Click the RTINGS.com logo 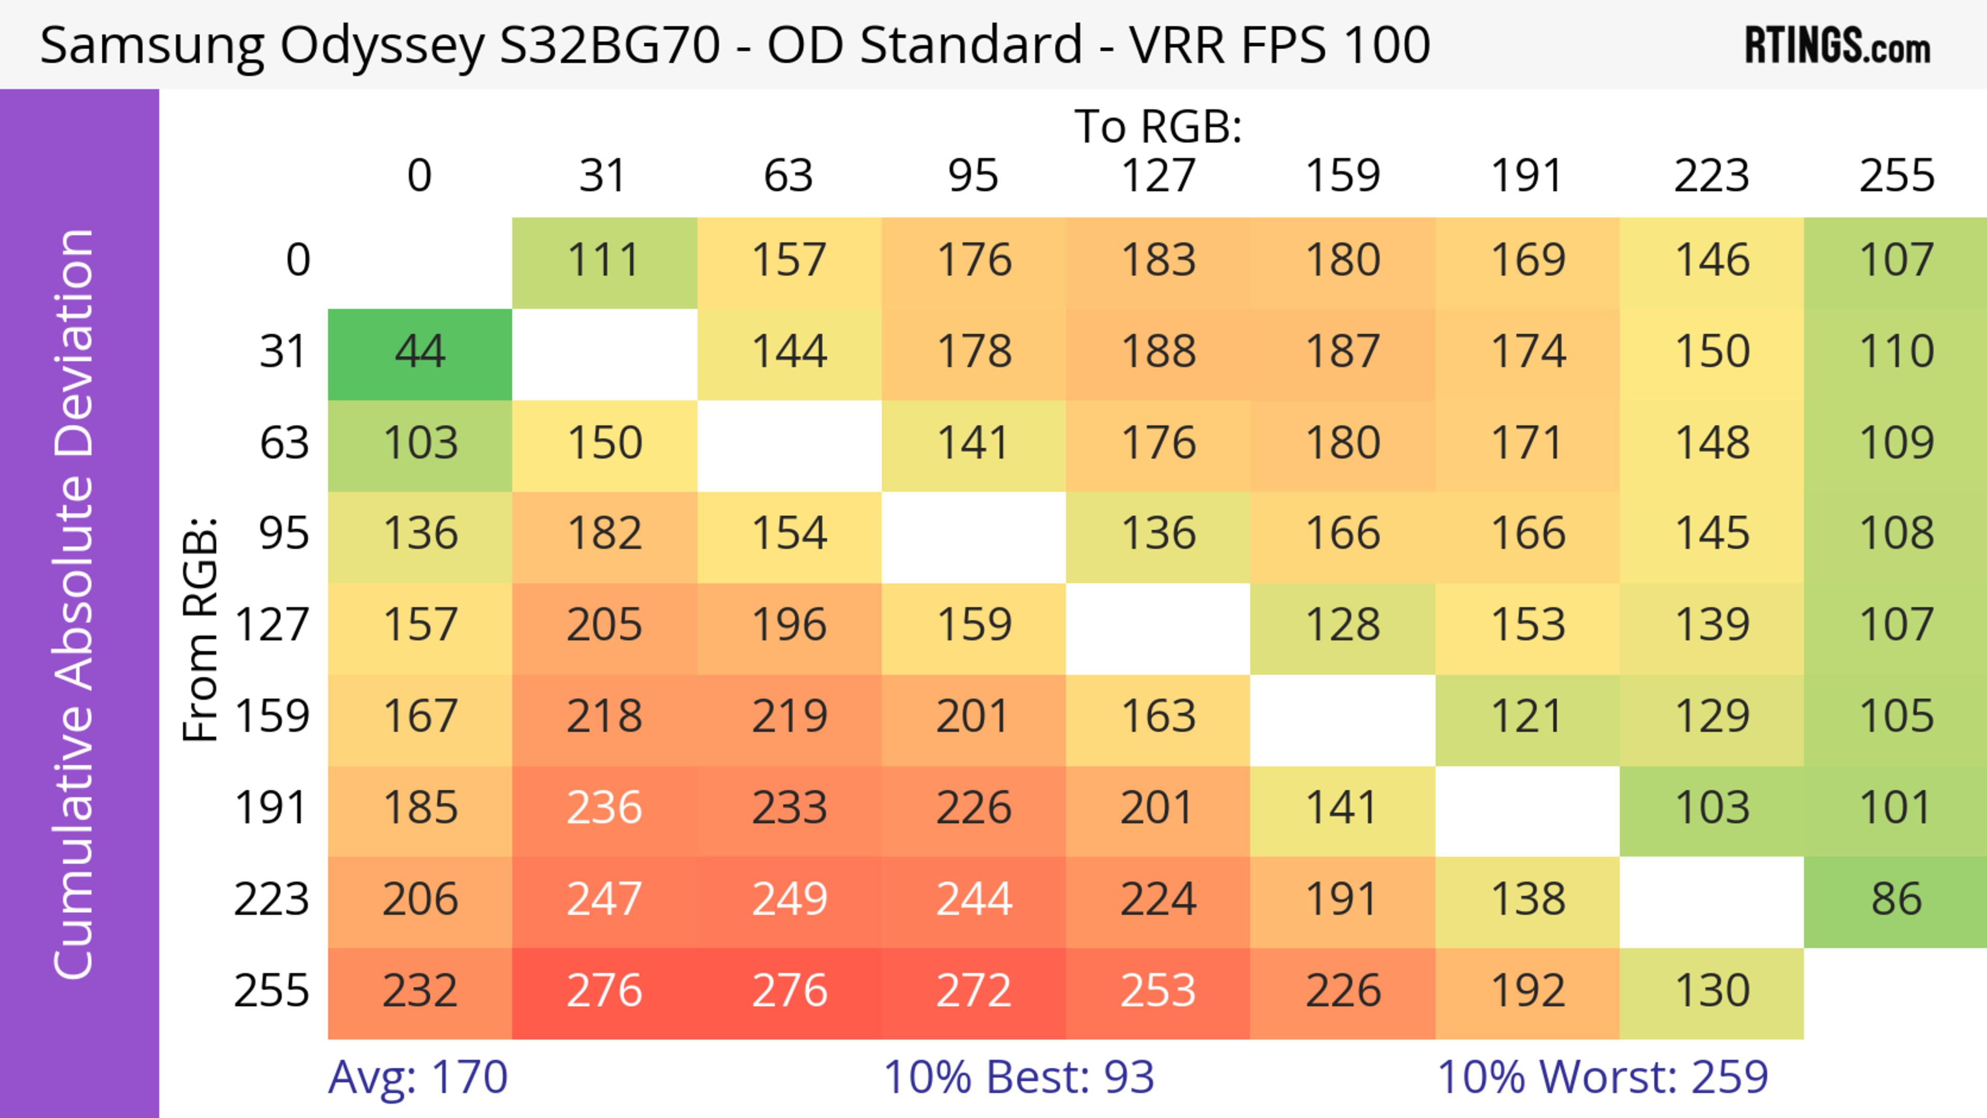(1837, 46)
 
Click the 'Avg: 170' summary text (418, 1077)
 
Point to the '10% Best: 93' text (1018, 1077)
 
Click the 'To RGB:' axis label (1158, 126)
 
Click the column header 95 (973, 176)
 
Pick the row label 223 (272, 900)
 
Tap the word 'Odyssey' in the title (382, 46)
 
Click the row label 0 (298, 261)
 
